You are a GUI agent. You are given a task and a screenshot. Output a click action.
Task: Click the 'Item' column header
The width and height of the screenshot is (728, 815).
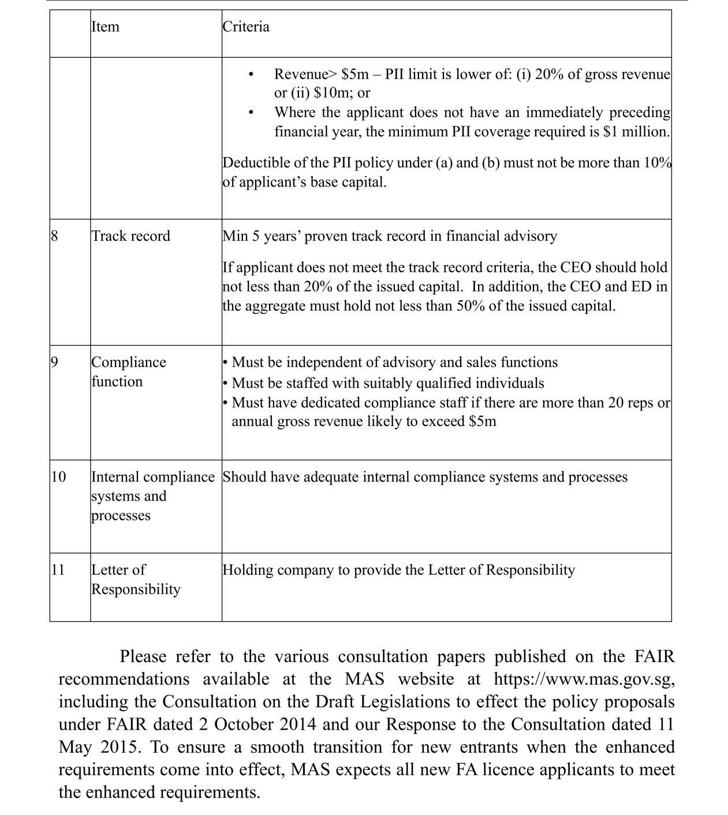point(105,27)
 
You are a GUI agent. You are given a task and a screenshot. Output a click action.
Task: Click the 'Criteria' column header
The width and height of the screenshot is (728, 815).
point(246,27)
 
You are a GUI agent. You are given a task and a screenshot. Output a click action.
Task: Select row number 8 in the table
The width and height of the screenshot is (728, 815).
point(55,236)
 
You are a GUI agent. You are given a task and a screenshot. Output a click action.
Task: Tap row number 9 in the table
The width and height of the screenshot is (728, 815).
point(55,362)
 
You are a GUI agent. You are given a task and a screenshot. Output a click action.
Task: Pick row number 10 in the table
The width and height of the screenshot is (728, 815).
point(58,477)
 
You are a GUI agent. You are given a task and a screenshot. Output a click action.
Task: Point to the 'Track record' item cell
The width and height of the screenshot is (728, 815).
point(131,236)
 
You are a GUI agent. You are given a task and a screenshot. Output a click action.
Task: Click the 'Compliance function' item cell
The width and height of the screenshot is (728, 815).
point(128,372)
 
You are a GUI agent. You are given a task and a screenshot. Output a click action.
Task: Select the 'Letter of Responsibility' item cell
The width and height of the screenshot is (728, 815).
point(136,580)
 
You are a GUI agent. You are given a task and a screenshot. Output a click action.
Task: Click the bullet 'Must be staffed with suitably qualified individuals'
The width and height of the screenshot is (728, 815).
point(387,383)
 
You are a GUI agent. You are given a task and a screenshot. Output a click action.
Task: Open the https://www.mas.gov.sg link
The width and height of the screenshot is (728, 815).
point(584,679)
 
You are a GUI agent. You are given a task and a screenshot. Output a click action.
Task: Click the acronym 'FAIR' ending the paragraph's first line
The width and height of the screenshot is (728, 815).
point(654,657)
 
